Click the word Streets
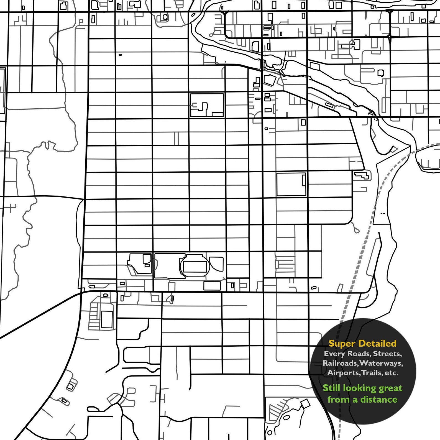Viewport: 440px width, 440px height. [x=387, y=354]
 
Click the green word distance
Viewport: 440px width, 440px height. [x=379, y=400]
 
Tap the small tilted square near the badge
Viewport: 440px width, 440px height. [x=306, y=403]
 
